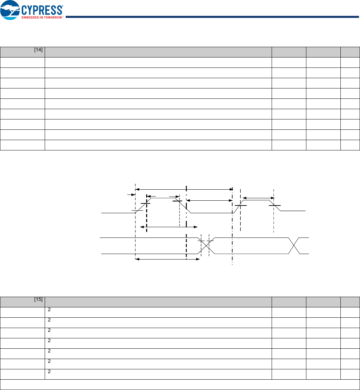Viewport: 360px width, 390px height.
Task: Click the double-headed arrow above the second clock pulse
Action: tap(259, 198)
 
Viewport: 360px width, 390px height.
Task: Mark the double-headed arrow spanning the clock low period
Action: tap(209, 200)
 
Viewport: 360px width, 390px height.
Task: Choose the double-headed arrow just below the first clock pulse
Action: tap(169, 227)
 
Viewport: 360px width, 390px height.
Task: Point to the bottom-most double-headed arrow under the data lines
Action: tap(167, 259)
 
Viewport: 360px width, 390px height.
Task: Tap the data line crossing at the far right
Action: tap(294, 246)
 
